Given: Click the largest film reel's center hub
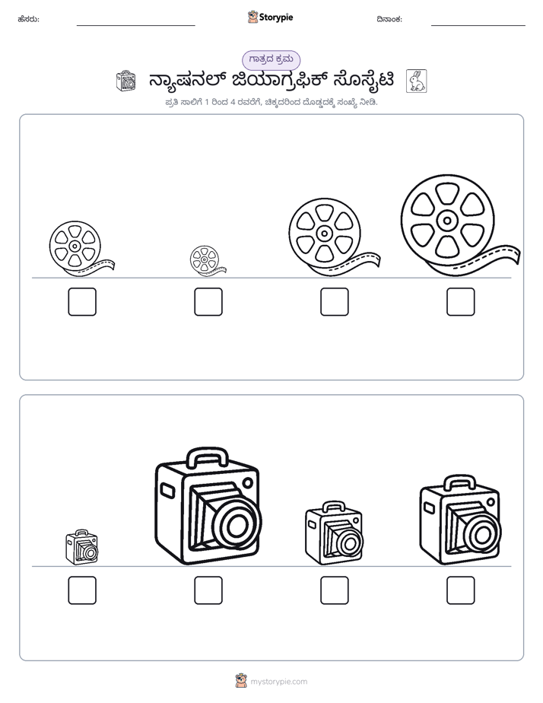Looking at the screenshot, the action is [x=447, y=220].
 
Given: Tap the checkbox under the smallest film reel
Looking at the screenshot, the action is [x=208, y=302].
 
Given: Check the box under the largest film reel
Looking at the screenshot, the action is [x=461, y=302].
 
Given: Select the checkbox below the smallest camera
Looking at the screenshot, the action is [x=82, y=590].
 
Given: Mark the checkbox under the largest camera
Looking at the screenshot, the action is [x=208, y=590].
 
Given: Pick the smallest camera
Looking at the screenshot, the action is [x=82, y=547].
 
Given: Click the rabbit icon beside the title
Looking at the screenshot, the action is [x=416, y=81].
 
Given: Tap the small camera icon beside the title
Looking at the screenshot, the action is [x=126, y=81].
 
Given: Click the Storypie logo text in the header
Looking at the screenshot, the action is [x=276, y=17].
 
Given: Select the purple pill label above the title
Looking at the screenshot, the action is [x=271, y=59].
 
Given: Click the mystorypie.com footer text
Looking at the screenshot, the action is [x=278, y=682].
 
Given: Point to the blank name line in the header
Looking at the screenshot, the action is [x=135, y=26].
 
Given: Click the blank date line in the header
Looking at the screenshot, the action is [x=478, y=26].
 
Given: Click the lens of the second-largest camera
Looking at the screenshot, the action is [x=482, y=533].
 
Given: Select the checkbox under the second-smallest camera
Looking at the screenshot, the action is [x=335, y=590].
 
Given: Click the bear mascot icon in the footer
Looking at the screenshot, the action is [x=241, y=681].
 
